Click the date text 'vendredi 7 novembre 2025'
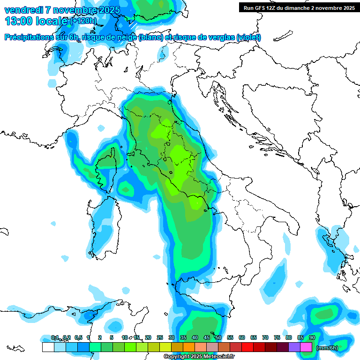click(62, 10)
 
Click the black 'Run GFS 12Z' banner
click(299, 7)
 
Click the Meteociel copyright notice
click(199, 357)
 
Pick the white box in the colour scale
click(48, 347)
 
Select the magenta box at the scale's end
click(306, 347)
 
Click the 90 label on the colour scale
click(312, 338)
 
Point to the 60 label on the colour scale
click(242, 338)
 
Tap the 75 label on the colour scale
click(277, 338)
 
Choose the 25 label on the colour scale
click(160, 338)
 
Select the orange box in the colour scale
click(189, 347)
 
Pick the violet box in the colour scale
click(294, 347)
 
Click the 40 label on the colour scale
click(195, 338)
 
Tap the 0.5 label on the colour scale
click(78, 338)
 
